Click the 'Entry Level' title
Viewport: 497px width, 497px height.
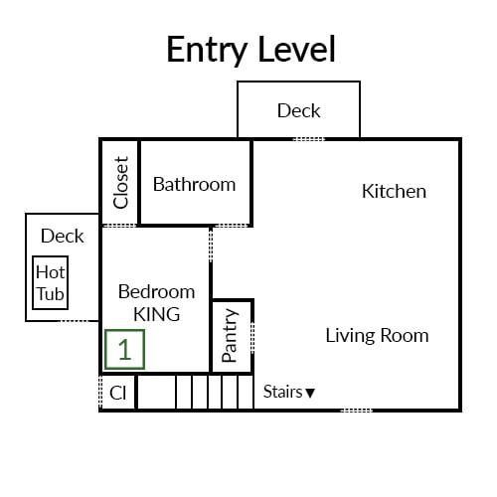coord(251,50)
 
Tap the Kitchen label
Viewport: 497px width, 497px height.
coord(394,191)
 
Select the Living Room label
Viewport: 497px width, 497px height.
coord(377,335)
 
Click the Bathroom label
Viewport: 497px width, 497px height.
coord(194,184)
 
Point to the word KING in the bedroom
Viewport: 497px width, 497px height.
coord(157,314)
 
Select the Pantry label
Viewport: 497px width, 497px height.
coord(230,335)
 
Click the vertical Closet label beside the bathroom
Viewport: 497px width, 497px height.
coord(120,183)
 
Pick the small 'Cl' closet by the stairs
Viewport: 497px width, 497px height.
coord(117,393)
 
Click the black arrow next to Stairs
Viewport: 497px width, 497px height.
coord(310,393)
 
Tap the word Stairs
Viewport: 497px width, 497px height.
coord(283,392)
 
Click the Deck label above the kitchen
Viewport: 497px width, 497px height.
coord(299,110)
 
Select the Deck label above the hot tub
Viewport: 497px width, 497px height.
coord(63,236)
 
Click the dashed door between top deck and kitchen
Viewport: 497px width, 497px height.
coord(309,139)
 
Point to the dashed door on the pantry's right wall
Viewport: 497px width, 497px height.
coord(252,337)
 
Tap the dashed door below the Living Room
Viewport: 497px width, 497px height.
coord(357,411)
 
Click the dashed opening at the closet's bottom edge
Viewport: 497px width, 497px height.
coord(119,226)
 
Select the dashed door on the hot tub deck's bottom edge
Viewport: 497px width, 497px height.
coord(74,321)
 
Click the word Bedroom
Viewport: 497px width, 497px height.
coord(157,292)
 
